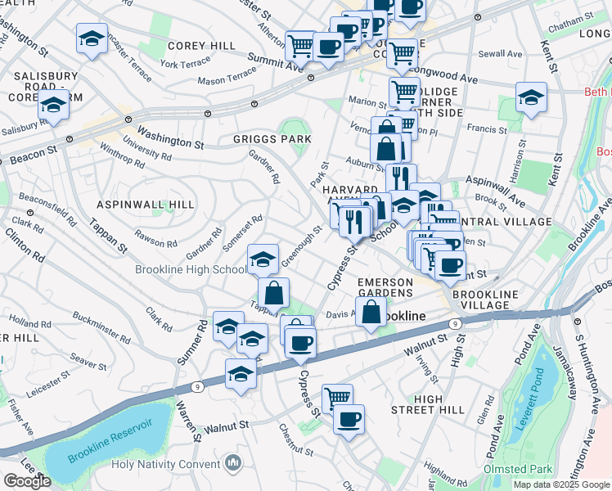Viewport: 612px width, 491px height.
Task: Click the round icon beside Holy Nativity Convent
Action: click(x=234, y=464)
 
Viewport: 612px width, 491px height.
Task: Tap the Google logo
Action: click(x=27, y=481)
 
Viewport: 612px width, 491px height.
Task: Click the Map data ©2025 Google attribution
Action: click(x=561, y=484)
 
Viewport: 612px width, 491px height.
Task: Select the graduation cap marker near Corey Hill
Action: click(x=92, y=38)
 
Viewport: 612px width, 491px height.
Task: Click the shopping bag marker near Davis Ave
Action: click(x=371, y=312)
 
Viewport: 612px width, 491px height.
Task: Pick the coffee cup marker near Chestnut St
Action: click(x=349, y=419)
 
